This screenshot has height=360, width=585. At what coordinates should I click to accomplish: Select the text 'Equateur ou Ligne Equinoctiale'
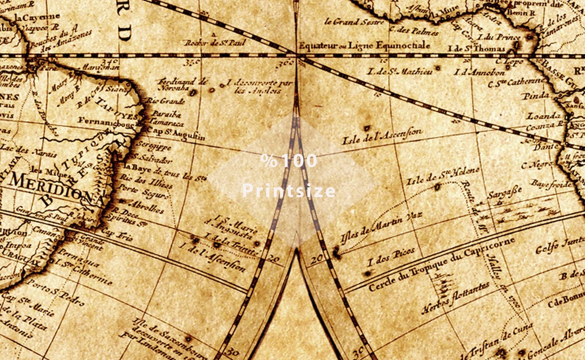pyautogui.click(x=364, y=45)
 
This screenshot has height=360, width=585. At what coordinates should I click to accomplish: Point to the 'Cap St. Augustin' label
pyautogui.click(x=176, y=134)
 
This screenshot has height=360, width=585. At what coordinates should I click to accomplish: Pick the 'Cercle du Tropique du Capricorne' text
pyautogui.click(x=442, y=264)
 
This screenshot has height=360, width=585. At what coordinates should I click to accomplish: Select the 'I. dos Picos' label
pyautogui.click(x=391, y=257)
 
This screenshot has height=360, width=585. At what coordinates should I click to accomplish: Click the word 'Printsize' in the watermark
pyautogui.click(x=289, y=191)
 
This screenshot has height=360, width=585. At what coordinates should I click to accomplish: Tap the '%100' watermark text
pyautogui.click(x=289, y=161)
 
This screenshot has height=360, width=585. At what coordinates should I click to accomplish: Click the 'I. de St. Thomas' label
pyautogui.click(x=476, y=49)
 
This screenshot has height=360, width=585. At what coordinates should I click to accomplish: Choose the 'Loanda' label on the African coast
pyautogui.click(x=544, y=116)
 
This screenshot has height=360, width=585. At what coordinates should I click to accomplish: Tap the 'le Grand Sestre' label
pyautogui.click(x=354, y=22)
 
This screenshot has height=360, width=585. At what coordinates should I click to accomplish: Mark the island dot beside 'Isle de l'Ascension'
pyautogui.click(x=367, y=128)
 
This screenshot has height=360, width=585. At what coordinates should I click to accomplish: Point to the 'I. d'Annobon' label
pyautogui.click(x=479, y=73)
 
